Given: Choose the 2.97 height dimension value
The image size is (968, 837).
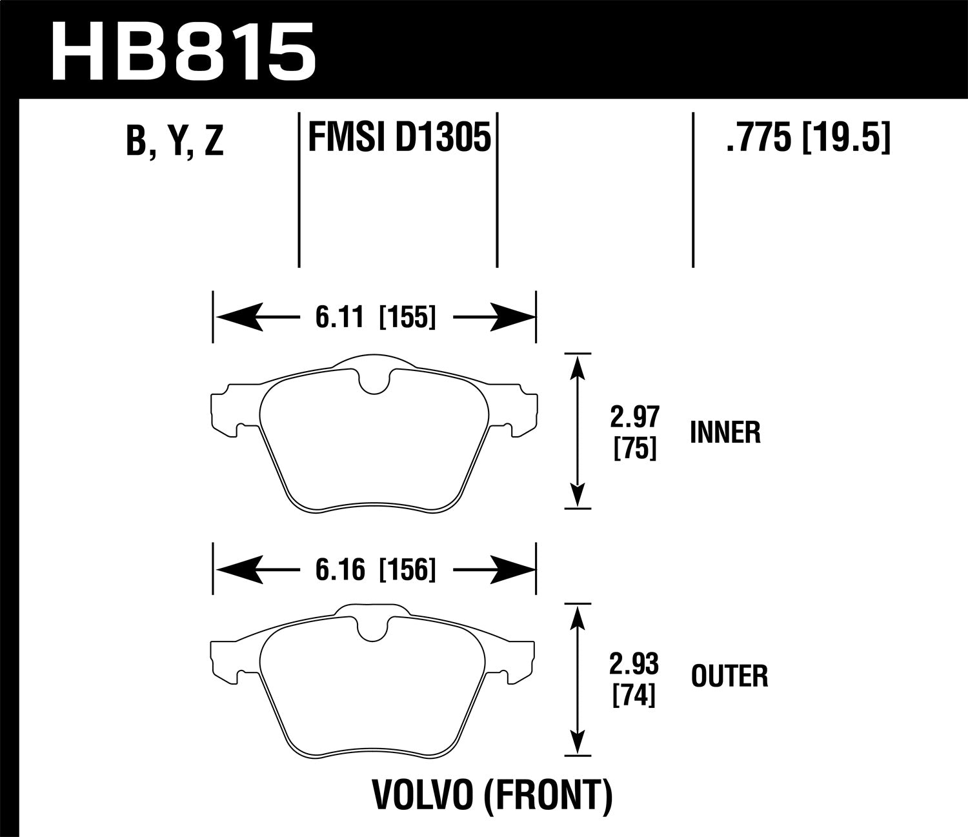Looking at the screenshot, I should coord(636,418).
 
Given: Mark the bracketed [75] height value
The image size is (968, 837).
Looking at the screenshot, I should coord(636,448).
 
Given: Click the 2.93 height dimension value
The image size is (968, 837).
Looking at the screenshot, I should coord(636,664).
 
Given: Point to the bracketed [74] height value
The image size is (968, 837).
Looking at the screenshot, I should coord(636,694).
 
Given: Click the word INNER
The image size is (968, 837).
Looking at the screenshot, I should coord(725,433).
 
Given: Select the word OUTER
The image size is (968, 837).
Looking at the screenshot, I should coord(729,677).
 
